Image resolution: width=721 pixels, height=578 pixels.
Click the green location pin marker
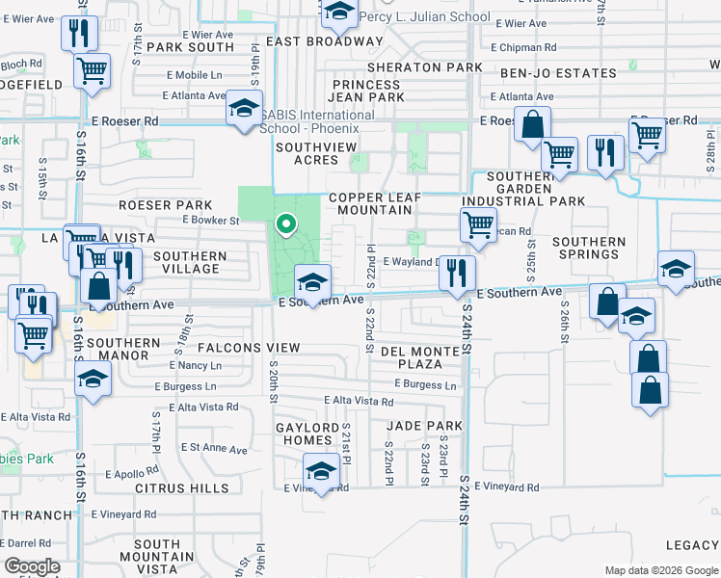(285, 224)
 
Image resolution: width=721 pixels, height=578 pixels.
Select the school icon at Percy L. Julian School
(338, 13)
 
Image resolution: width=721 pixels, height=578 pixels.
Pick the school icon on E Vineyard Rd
(321, 472)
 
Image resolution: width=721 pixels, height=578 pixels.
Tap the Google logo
(33, 566)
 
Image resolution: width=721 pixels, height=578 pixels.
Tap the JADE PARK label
(425, 425)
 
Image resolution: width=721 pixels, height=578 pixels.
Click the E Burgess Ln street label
(424, 384)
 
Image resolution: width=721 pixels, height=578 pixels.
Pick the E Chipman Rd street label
(523, 46)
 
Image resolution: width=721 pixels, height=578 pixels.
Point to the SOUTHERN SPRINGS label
(589, 249)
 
